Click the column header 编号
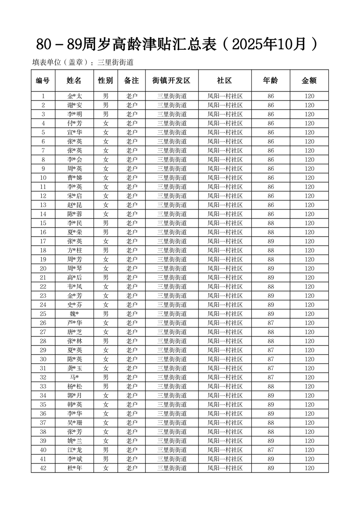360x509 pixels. click(43, 81)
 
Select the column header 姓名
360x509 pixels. click(74, 81)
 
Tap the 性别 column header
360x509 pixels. click(106, 81)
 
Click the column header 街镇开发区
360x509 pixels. click(171, 81)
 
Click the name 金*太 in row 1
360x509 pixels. click(74, 96)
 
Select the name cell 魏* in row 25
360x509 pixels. click(74, 314)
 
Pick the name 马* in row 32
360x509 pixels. click(74, 377)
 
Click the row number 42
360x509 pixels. click(43, 468)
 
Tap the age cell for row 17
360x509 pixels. click(271, 241)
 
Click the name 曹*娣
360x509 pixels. click(74, 178)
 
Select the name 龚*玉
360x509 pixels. click(74, 368)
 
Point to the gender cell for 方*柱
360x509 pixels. click(106, 250)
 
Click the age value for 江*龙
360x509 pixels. click(271, 450)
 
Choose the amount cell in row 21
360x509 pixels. click(309, 278)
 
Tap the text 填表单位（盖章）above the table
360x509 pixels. click(63, 63)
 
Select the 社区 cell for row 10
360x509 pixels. click(225, 178)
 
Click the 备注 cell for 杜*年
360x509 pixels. click(131, 468)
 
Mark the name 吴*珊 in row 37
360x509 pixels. click(74, 423)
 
